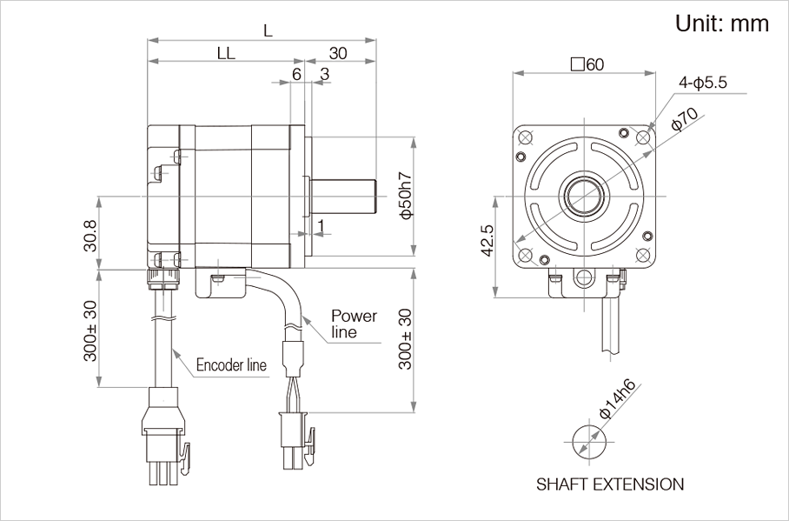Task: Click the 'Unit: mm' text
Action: (x=722, y=23)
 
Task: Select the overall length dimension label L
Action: (x=268, y=30)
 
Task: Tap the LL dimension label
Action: (x=226, y=52)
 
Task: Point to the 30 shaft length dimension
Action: (x=338, y=52)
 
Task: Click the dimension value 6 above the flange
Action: (x=296, y=74)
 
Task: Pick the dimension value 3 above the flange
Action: (x=324, y=74)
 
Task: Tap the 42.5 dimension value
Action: (x=487, y=241)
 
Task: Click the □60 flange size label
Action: (x=587, y=64)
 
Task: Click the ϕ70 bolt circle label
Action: (x=686, y=121)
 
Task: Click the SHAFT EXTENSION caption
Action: (x=610, y=484)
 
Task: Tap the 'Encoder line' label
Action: (x=231, y=364)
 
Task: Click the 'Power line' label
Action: (x=354, y=323)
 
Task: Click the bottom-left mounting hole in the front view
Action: (x=525, y=253)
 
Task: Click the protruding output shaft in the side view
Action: (x=344, y=196)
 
